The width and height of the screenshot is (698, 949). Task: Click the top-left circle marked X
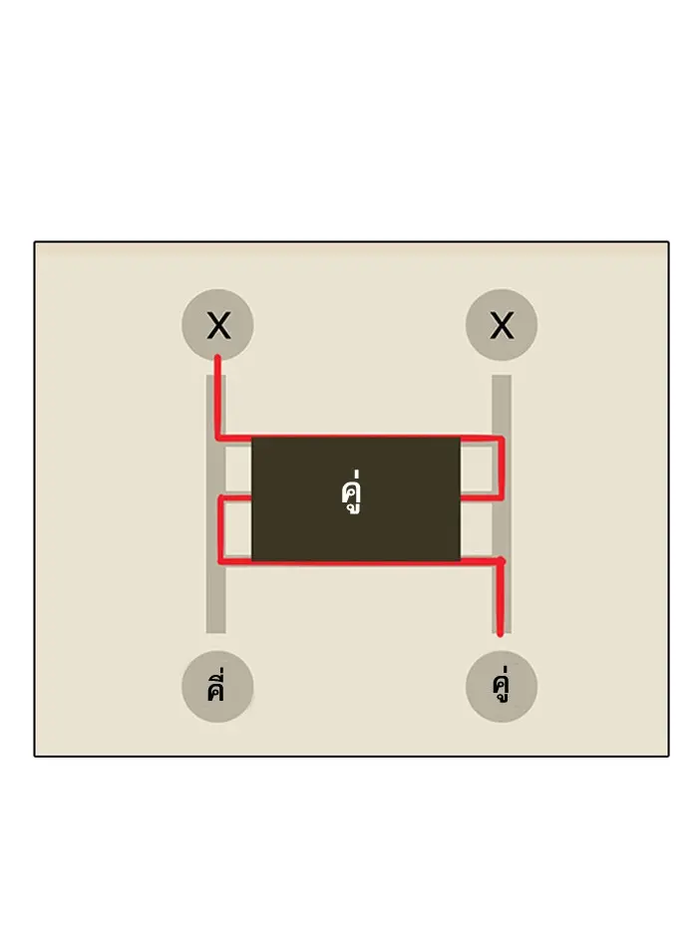pos(217,325)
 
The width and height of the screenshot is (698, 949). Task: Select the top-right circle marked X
pos(502,325)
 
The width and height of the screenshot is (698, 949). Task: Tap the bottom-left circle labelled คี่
pos(217,687)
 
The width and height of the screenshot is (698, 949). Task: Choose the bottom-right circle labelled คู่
pos(502,687)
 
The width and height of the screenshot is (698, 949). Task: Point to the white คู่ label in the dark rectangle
pos(349,495)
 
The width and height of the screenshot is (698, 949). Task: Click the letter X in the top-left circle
pos(217,325)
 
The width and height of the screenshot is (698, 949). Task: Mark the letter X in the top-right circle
pos(502,325)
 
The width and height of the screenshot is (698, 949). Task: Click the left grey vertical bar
pos(215,598)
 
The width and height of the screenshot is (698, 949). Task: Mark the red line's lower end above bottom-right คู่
pos(500,632)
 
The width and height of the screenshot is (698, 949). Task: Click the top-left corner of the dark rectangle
pos(252,440)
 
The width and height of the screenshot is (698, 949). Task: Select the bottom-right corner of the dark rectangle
pos(460,560)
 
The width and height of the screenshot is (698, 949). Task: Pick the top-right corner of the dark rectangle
pos(460,440)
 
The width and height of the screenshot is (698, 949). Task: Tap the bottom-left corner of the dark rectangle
pos(252,560)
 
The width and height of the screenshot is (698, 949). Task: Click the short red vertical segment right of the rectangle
pos(502,466)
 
